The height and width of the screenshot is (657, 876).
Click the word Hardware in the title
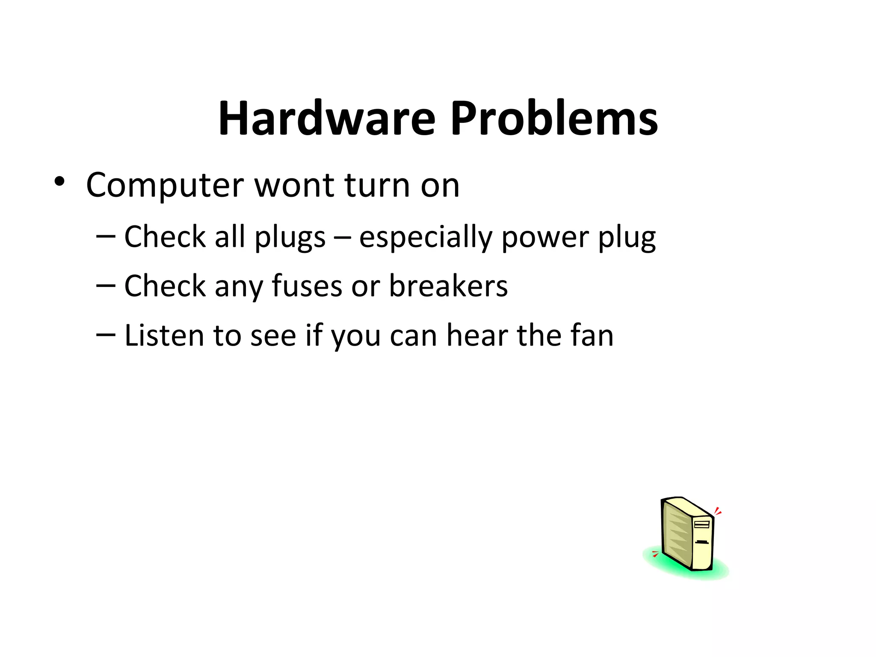(x=327, y=118)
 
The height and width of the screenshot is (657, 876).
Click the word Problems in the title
(x=554, y=118)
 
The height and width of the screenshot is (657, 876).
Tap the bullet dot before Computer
(x=59, y=182)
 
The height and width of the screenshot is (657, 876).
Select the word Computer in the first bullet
(x=166, y=186)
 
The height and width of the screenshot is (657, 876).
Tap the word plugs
(x=290, y=237)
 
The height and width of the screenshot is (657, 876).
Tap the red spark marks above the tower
(x=718, y=511)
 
